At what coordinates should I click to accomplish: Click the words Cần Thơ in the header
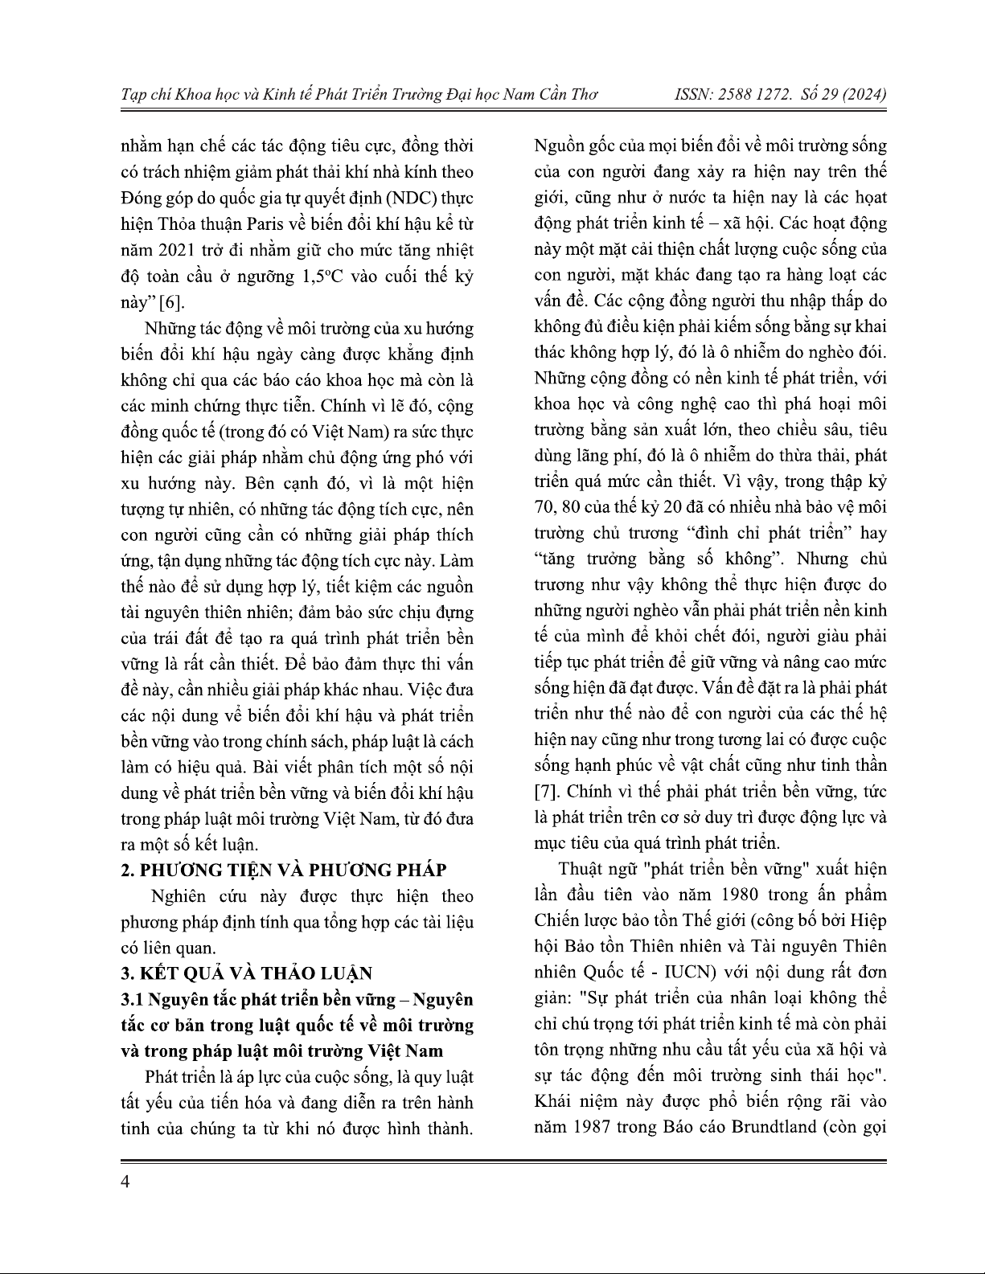(x=563, y=95)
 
